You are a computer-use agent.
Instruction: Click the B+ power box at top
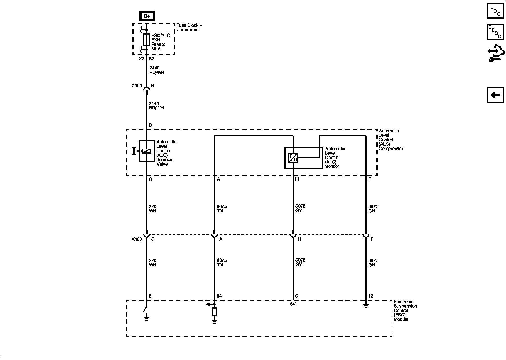[x=147, y=16]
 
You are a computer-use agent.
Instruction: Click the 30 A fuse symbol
[x=146, y=40]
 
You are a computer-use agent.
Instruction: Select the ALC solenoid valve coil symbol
[x=146, y=151]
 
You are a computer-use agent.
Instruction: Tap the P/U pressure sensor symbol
[x=293, y=158]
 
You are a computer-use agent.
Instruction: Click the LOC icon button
[x=495, y=11]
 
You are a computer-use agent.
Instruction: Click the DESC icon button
[x=495, y=32]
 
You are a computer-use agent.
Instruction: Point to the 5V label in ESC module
[x=293, y=304]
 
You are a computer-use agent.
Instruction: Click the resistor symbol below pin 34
[x=214, y=312]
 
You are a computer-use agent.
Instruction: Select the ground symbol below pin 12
[x=365, y=306]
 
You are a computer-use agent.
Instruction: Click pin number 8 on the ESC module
[x=150, y=296]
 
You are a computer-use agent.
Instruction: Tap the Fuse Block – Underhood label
[x=189, y=28]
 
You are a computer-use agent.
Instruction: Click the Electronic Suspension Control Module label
[x=405, y=310]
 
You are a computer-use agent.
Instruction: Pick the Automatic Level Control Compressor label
[x=390, y=140]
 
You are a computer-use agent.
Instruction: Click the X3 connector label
[x=141, y=59]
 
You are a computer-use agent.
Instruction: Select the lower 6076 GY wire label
[x=300, y=262]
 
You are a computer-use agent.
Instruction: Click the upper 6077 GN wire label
[x=373, y=209]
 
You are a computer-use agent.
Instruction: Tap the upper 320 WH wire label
[x=153, y=209]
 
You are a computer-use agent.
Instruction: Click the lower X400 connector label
[x=137, y=239]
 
